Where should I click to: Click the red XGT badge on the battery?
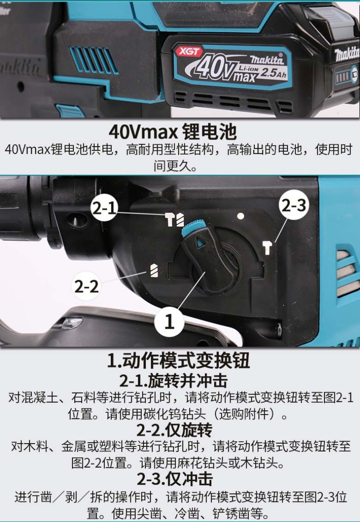[189, 51]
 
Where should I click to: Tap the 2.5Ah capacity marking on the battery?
[273, 72]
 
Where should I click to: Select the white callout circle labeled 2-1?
[104, 208]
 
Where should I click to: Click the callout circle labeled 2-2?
[86, 286]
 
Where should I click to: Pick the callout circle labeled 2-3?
[294, 205]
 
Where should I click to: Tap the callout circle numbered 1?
[169, 322]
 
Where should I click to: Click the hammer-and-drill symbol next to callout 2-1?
[175, 220]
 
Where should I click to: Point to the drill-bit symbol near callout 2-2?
[154, 270]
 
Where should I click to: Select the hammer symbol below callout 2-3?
[267, 248]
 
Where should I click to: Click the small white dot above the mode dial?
[241, 216]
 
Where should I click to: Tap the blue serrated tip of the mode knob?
[193, 227]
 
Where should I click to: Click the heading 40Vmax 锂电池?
[173, 132]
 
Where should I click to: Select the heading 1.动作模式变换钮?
[178, 360]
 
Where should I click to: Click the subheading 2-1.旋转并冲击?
[173, 381]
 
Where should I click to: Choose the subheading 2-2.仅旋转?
[174, 430]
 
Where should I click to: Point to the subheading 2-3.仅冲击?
[175, 479]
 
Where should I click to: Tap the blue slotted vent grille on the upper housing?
[93, 60]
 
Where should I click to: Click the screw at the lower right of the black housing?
[278, 330]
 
